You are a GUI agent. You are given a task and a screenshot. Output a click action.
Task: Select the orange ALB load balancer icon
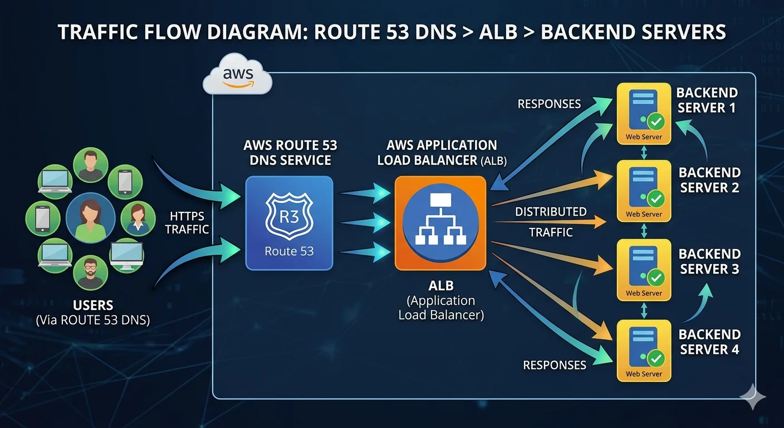point(440,223)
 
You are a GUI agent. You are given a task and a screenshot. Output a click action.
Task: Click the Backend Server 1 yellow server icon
point(644,113)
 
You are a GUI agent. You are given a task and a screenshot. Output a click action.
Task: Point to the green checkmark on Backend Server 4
point(657,358)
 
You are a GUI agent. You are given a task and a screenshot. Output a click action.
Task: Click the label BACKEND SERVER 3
point(709,262)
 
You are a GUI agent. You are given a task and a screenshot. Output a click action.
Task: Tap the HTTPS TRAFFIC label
point(187,222)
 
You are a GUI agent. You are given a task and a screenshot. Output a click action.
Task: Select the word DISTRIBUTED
point(550,212)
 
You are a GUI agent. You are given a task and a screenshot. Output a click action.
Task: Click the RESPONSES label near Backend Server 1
point(549,104)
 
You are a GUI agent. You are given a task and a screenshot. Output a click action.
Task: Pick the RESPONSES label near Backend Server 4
point(555,365)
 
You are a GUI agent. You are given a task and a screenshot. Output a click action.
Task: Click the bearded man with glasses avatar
point(90,273)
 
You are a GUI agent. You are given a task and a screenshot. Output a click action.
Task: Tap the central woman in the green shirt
point(90,218)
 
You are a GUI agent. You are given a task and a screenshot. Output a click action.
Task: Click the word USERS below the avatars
point(93,305)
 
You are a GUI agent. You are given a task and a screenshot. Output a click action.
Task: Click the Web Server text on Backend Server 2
point(644,214)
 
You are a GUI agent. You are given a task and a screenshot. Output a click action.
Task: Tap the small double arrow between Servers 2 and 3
point(644,230)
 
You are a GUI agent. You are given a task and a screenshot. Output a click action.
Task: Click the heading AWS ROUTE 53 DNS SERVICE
point(290,153)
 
